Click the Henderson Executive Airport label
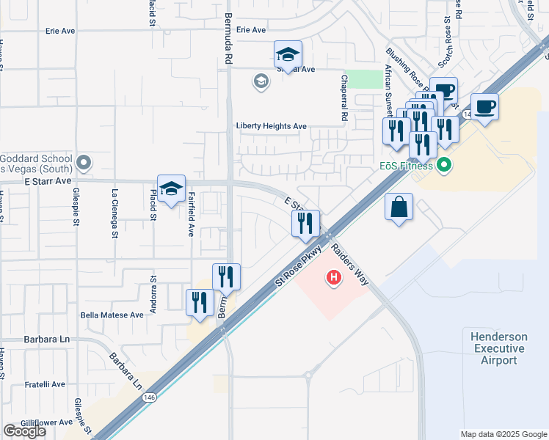[499, 348]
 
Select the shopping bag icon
[399, 208]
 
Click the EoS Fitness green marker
[443, 166]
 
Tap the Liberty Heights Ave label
[271, 126]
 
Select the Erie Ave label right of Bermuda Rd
[251, 30]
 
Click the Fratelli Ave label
[43, 384]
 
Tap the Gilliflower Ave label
[47, 422]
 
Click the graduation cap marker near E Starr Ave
[171, 189]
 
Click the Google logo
[23, 431]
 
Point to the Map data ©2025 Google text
[503, 434]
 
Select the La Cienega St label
[115, 214]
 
